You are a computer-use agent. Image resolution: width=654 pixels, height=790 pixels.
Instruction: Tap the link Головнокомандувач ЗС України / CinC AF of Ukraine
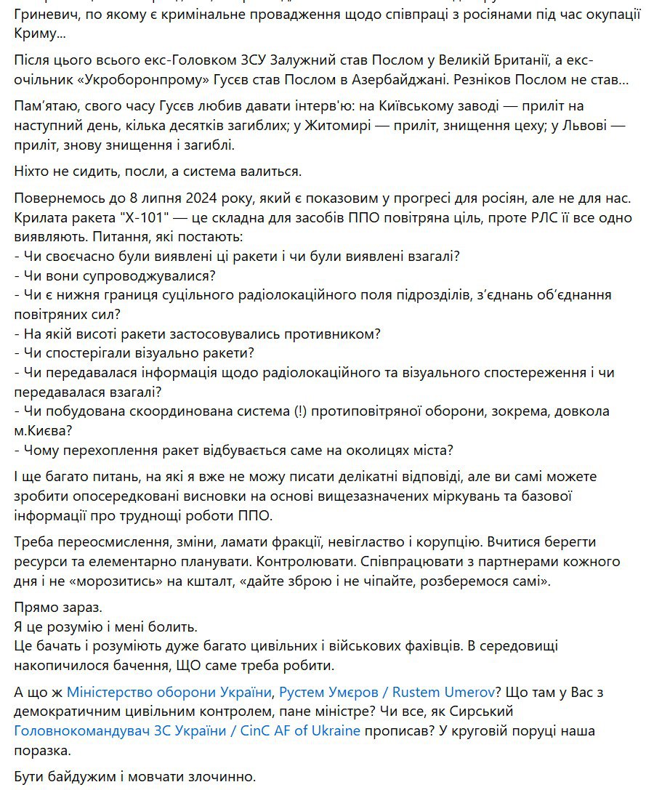187,730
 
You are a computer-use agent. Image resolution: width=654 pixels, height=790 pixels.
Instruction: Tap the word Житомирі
320,126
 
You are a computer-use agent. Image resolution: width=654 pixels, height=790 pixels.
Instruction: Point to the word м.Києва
44,430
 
